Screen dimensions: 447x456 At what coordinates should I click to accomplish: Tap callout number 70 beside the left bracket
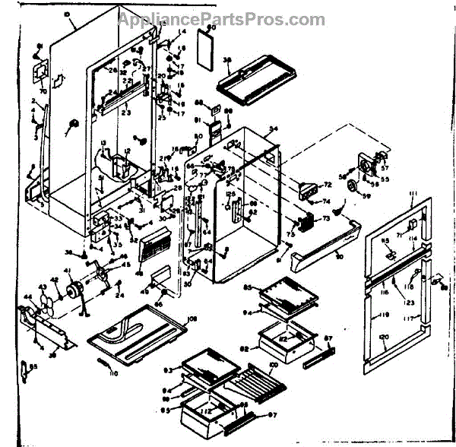coord(43,91)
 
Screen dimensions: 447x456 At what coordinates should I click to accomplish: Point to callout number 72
coord(328,185)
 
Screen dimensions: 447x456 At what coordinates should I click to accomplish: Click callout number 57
coord(384,167)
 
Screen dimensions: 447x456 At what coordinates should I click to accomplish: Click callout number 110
coord(113,374)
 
